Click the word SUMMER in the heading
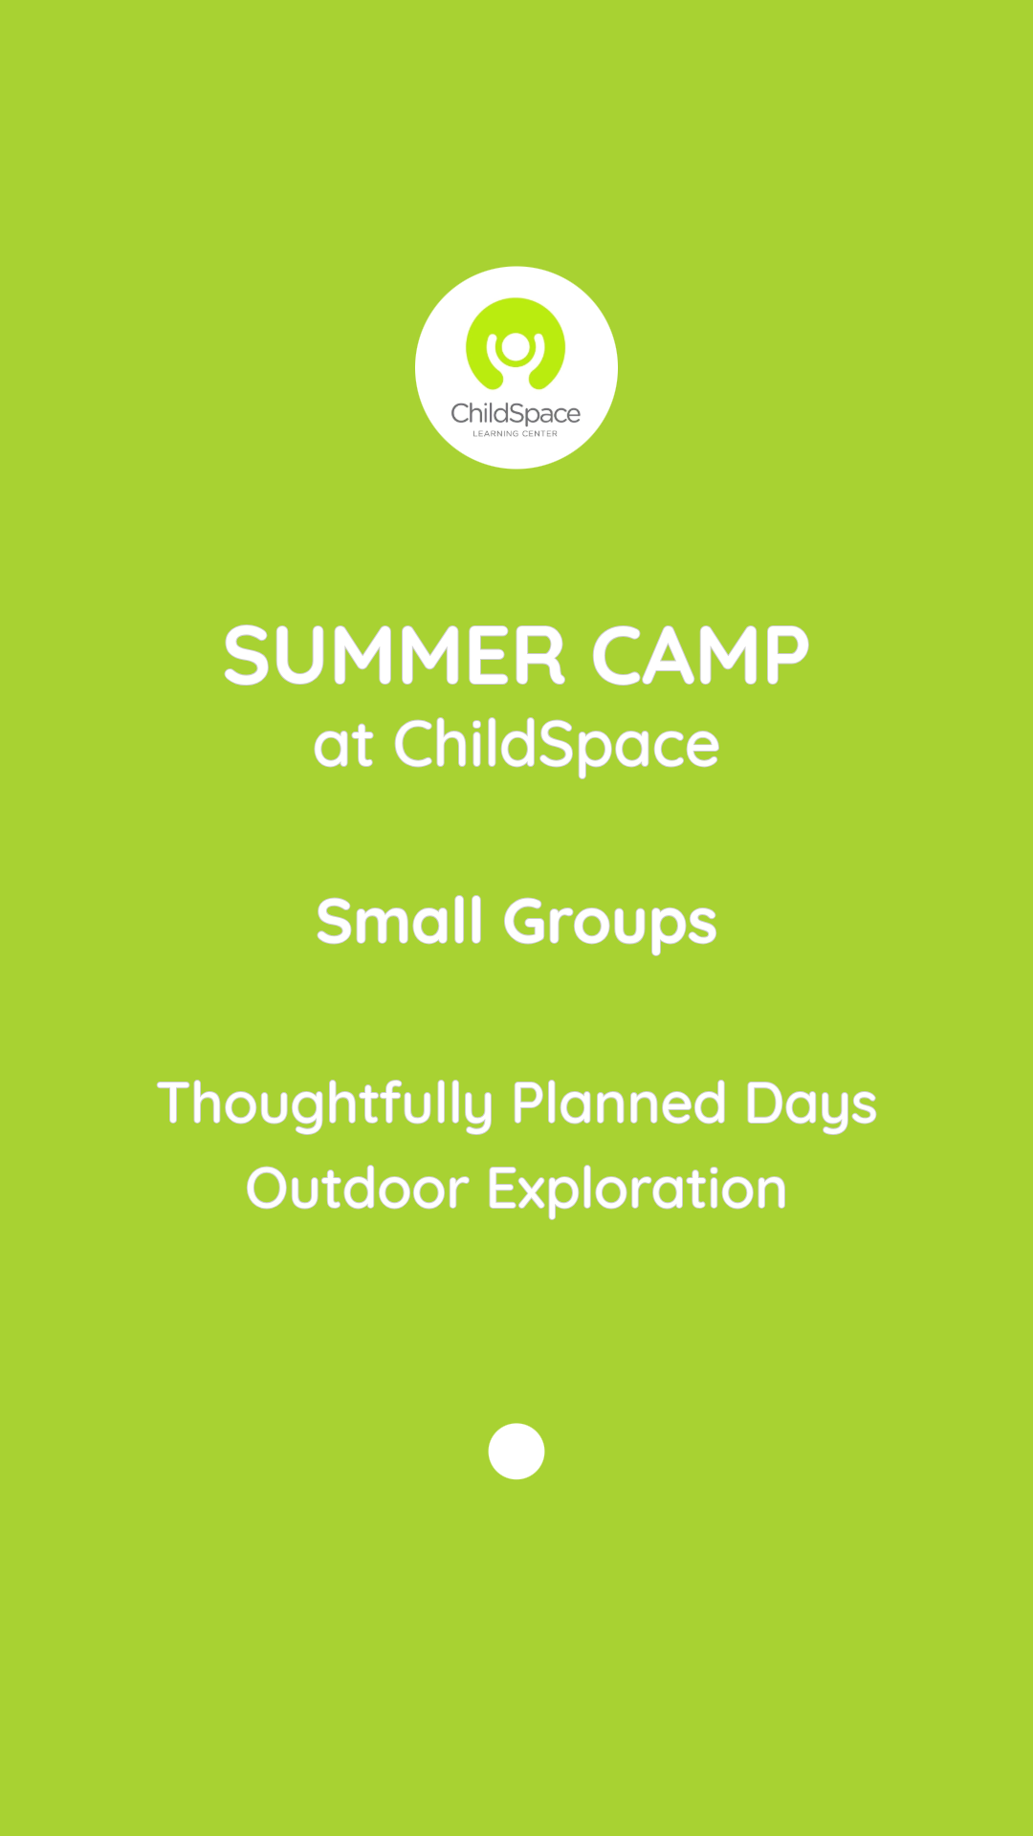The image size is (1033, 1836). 394,656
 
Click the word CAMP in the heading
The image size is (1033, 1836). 700,656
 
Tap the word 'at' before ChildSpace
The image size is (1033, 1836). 342,747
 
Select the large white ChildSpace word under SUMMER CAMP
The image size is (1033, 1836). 556,747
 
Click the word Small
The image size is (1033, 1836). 399,922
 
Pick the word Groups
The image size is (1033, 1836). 609,924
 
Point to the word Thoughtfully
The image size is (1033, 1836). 325,1104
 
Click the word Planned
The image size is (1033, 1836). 619,1104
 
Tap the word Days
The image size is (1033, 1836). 810,1105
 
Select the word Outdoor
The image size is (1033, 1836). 358,1189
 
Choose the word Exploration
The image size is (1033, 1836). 636,1190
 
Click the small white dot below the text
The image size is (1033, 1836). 516,1451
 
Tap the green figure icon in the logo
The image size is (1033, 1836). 516,346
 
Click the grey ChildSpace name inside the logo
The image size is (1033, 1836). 516,414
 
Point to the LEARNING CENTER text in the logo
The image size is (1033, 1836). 515,434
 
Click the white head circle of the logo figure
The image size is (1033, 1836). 516,346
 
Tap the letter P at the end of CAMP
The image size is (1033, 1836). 785,656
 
